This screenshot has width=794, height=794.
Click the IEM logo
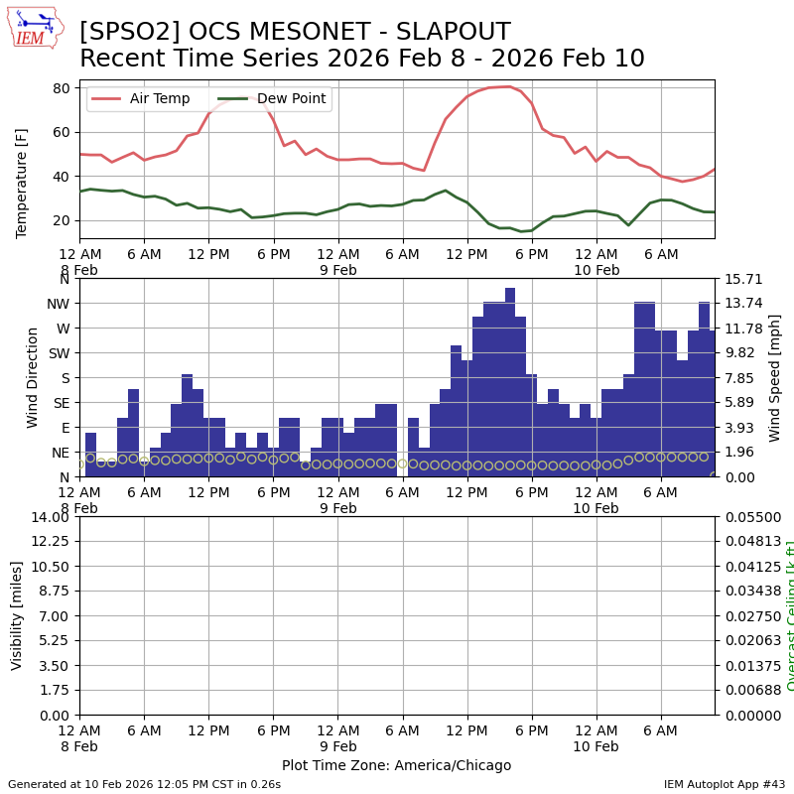[x=35, y=28]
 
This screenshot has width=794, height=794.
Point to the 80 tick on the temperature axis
[x=61, y=88]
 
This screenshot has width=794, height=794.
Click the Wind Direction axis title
[x=33, y=377]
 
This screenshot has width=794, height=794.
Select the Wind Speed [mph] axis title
[x=775, y=377]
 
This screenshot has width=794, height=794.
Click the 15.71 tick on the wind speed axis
[x=741, y=279]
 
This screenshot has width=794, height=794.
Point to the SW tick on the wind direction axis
[x=59, y=353]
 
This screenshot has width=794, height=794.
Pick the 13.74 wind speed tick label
[x=741, y=304]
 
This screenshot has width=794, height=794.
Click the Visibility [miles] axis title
[x=17, y=615]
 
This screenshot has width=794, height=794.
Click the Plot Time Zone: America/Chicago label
[x=396, y=765]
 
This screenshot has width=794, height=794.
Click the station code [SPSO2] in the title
[x=121, y=33]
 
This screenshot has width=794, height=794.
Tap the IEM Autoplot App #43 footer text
[x=724, y=784]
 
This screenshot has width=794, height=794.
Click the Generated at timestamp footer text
[x=144, y=784]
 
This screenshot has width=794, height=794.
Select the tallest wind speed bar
[x=510, y=382]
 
